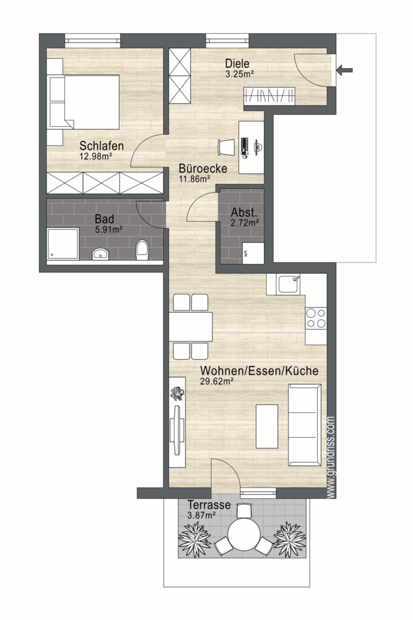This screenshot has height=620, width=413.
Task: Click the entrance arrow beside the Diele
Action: pos(345,71)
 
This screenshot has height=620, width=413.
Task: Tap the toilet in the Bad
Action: pos(142,250)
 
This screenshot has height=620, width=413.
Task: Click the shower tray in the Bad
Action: pos(60,243)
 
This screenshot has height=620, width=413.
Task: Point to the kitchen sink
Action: pos(287,284)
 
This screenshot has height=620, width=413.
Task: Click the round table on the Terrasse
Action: pos(241,536)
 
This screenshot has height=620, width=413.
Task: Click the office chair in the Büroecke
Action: pos(227,147)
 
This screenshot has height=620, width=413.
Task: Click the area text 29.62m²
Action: pos(216,381)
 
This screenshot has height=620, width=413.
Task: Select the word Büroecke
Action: pos(203,169)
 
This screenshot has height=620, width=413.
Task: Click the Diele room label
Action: pos(238,64)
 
